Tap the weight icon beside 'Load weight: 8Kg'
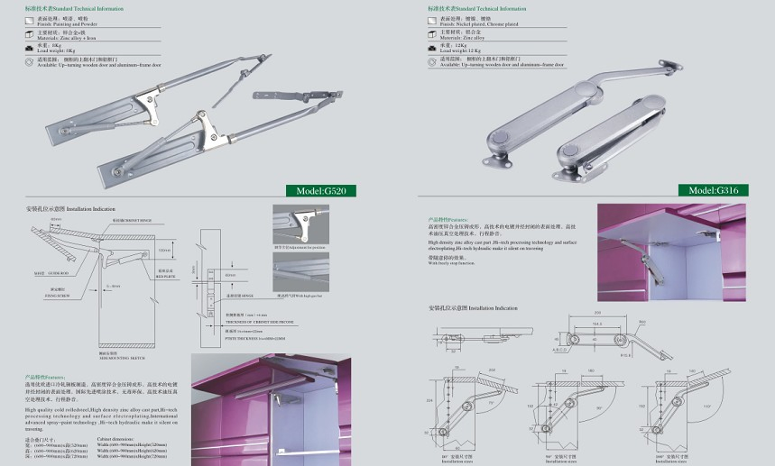click(x=31, y=48)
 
